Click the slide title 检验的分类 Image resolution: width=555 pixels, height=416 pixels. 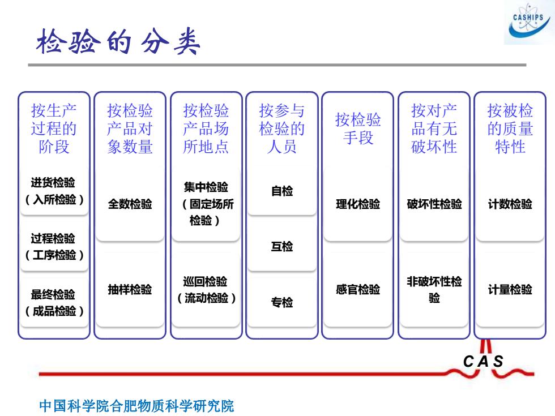[x=118, y=42]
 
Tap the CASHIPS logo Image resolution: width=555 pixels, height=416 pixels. [x=529, y=23]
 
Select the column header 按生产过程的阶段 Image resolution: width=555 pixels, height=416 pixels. [x=54, y=129]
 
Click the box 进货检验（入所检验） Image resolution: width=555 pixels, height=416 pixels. [x=54, y=191]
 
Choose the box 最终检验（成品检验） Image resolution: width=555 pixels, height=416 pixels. [x=54, y=303]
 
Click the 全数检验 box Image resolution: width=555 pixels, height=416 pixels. [x=130, y=204]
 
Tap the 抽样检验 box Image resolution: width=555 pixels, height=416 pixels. [x=130, y=290]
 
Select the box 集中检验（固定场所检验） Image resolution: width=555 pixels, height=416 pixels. [x=206, y=204]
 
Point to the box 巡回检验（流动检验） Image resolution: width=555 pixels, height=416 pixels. [x=206, y=290]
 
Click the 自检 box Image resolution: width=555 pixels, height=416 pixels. [x=282, y=191]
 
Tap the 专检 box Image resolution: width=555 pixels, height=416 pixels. [x=282, y=303]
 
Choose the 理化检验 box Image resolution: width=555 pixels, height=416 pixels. [x=358, y=204]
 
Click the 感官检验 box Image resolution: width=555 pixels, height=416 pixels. [x=358, y=290]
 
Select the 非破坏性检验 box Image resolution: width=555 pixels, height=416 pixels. [x=434, y=290]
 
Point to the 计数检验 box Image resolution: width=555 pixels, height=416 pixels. [x=510, y=204]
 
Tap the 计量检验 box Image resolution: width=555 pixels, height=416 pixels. [x=510, y=290]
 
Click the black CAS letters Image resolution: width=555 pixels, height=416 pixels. [x=483, y=362]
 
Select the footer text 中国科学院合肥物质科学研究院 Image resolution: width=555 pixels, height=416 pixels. [x=136, y=406]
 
